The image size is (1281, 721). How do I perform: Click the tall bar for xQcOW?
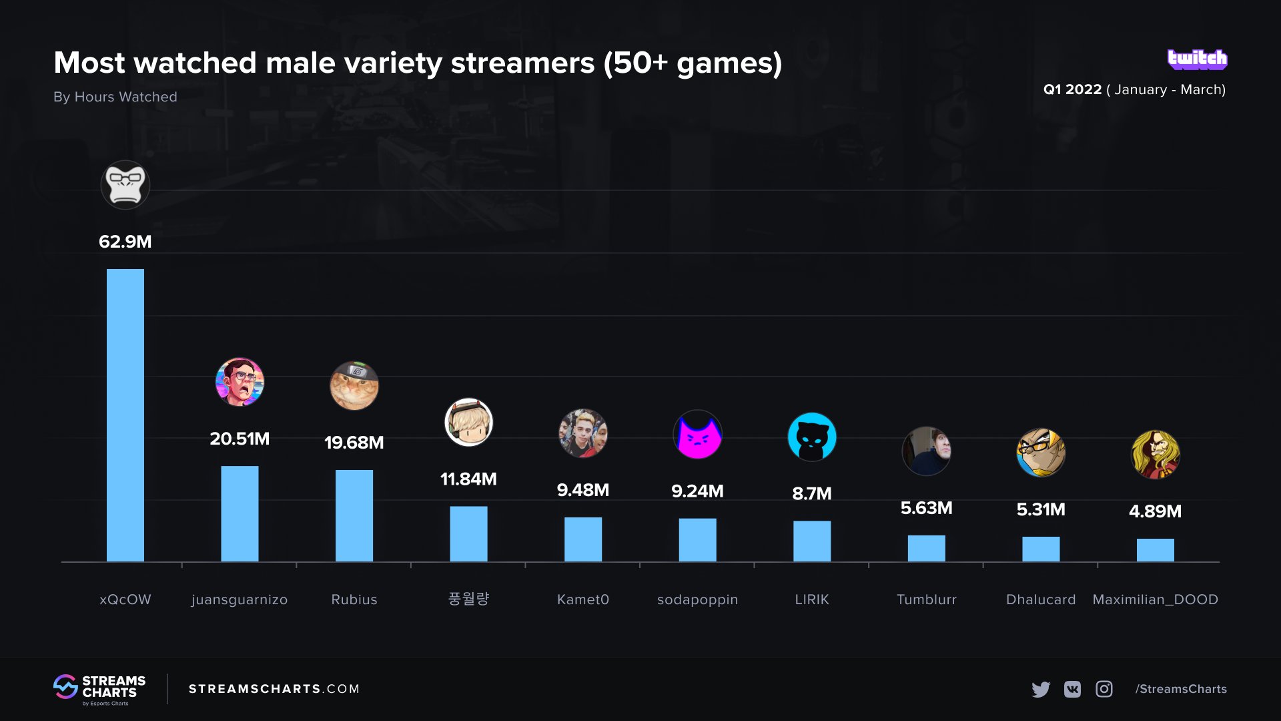[x=125, y=414]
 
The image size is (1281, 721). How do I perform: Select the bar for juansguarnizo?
[x=240, y=513]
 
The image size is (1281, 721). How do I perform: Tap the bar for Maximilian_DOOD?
[x=1155, y=549]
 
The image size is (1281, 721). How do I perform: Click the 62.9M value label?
[x=125, y=242]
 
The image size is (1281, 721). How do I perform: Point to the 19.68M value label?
[x=354, y=443]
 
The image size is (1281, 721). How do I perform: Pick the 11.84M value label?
[x=468, y=479]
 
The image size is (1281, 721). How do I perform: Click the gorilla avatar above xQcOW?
[x=125, y=185]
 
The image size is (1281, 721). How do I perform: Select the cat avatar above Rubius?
[x=354, y=386]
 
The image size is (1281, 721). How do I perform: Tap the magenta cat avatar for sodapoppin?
[x=697, y=435]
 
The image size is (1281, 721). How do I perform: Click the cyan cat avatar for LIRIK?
[x=812, y=437]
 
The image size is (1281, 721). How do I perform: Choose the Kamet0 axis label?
[x=582, y=599]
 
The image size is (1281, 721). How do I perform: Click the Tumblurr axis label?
[x=926, y=599]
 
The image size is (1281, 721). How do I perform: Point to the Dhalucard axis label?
[x=1041, y=599]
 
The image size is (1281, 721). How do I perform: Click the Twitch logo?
[x=1197, y=59]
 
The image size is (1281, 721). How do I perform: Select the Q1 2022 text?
[x=1072, y=89]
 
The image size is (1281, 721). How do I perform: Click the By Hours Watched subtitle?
[x=115, y=97]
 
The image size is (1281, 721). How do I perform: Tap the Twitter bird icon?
[x=1040, y=689]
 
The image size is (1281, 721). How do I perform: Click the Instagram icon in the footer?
[x=1104, y=689]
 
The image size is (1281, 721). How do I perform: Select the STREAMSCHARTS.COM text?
[x=274, y=689]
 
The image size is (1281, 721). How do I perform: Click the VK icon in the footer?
[x=1072, y=689]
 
